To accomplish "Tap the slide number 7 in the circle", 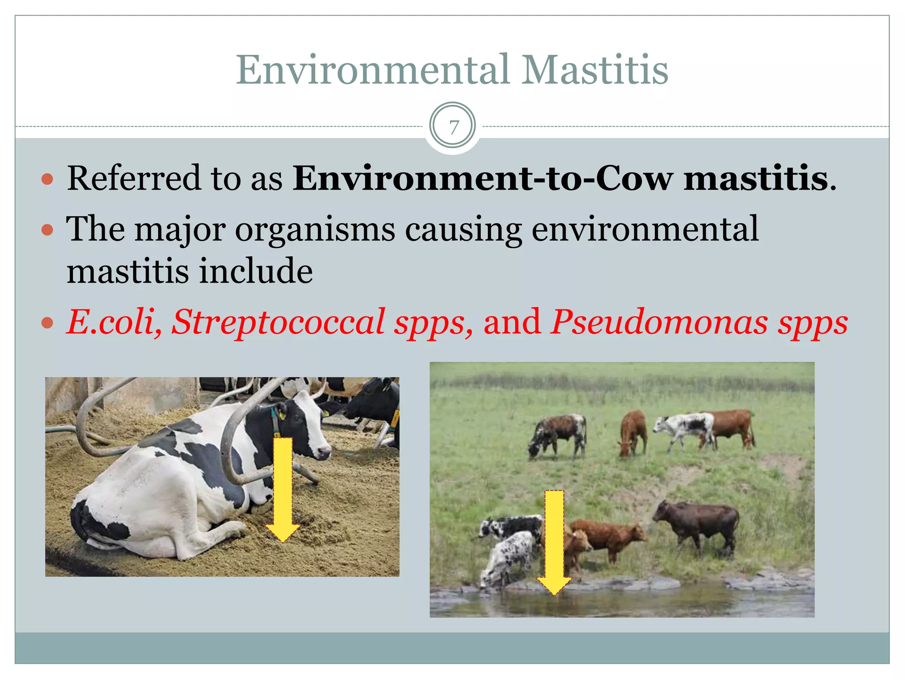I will pyautogui.click(x=453, y=127).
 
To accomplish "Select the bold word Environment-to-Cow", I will pyautogui.click(x=483, y=178).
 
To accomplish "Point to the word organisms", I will pyautogui.click(x=315, y=230).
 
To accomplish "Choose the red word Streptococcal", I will pyautogui.click(x=278, y=322).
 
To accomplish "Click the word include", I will pyautogui.click(x=256, y=271).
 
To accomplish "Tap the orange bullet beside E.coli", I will pyautogui.click(x=47, y=323).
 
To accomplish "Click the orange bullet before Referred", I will pyautogui.click(x=47, y=179).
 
